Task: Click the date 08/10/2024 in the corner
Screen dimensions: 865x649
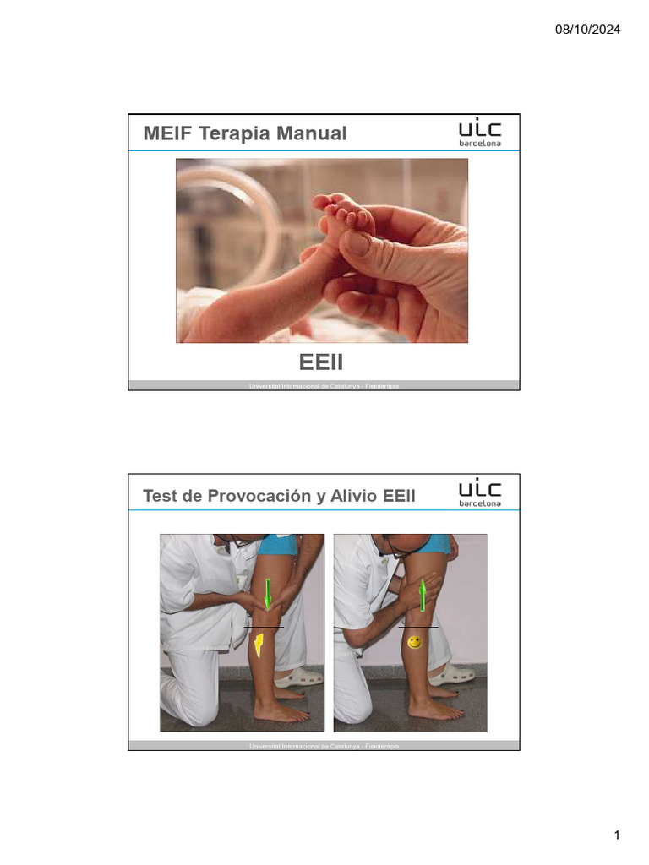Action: click(588, 30)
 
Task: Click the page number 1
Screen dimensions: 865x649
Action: click(617, 836)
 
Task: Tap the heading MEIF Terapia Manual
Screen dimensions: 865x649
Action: click(245, 133)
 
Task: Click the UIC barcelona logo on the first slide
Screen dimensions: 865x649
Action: click(479, 133)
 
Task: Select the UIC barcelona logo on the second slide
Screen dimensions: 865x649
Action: click(479, 493)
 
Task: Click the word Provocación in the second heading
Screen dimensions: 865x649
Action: click(258, 496)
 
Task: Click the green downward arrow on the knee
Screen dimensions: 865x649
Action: click(267, 594)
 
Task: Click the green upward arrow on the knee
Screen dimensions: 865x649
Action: click(423, 594)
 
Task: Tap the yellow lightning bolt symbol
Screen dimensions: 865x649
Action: click(260, 645)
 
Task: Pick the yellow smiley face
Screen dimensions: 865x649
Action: click(414, 643)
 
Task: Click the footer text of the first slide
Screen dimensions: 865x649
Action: click(324, 386)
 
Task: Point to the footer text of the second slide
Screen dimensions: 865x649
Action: click(324, 747)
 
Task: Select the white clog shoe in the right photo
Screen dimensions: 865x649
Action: click(454, 674)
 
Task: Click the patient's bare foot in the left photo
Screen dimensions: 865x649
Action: click(281, 712)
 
